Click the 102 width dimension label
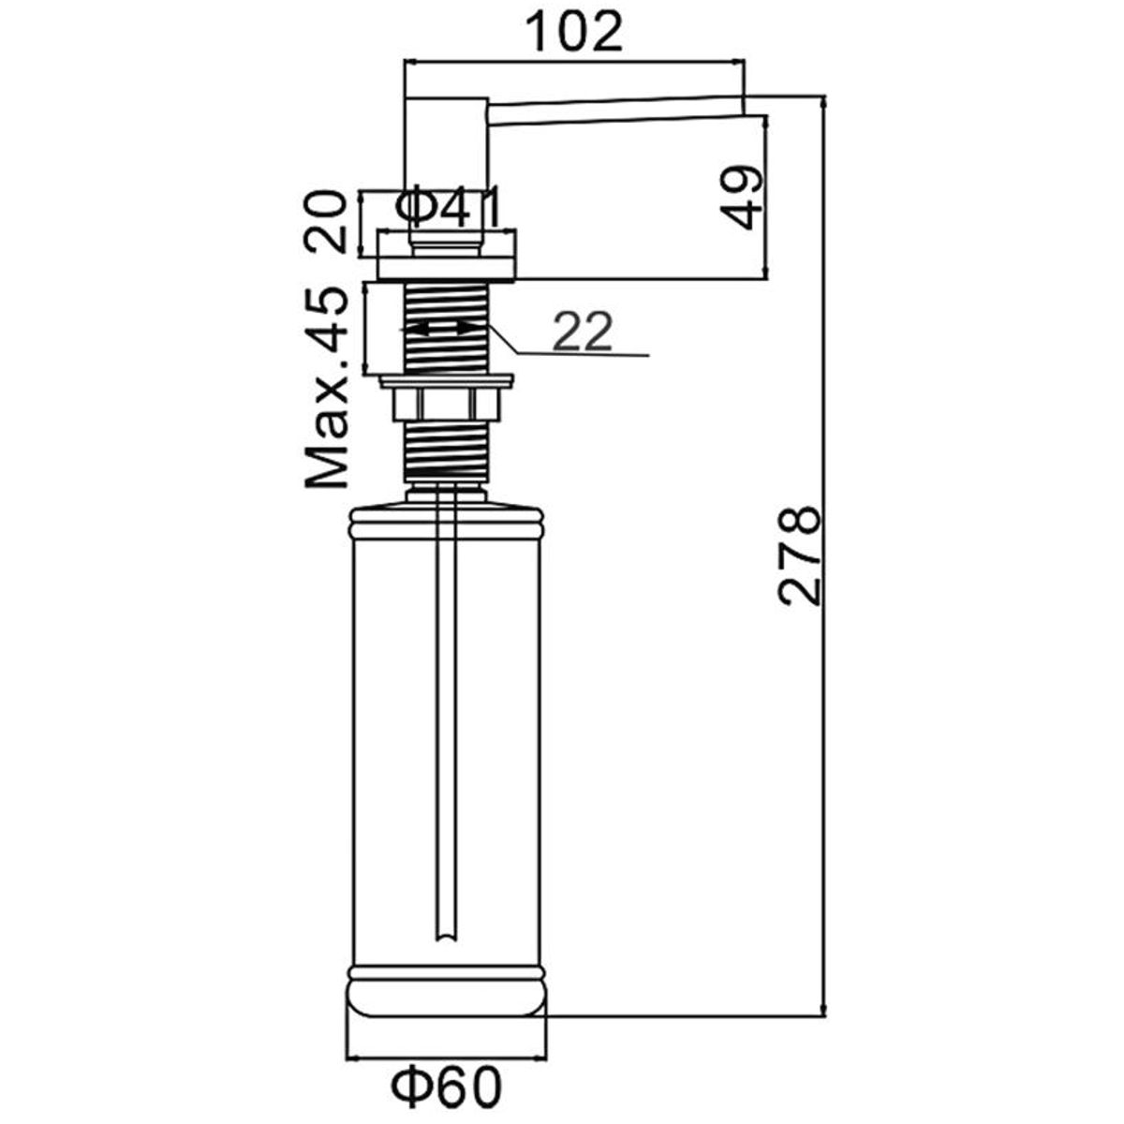pos(574,32)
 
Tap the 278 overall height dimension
pos(800,555)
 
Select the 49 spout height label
pos(741,199)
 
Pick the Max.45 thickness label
pos(326,388)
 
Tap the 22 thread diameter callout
pos(583,332)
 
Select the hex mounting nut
pos(446,405)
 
